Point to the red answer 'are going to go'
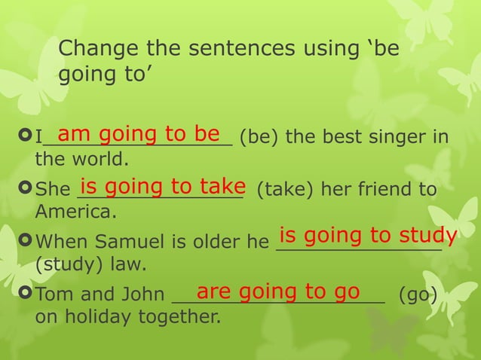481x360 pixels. (x=278, y=291)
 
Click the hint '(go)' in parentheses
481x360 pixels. (x=418, y=294)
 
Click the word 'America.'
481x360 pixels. (x=76, y=212)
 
